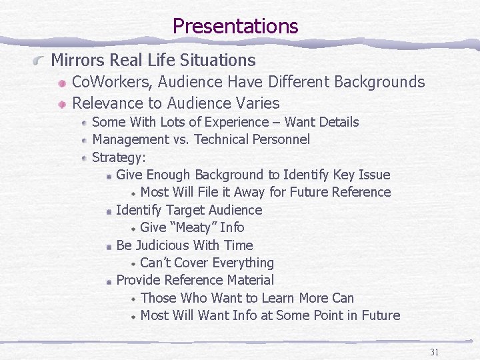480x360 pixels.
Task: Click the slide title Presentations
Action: [x=235, y=27]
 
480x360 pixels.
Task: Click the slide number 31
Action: [x=434, y=352]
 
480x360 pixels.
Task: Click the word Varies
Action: [x=259, y=103]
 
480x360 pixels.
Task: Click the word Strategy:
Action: [x=119, y=157]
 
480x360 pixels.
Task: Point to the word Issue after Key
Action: [x=374, y=175]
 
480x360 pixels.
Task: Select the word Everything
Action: [x=241, y=263]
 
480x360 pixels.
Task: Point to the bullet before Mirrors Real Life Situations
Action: [x=41, y=61]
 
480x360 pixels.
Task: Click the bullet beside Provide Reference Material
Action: [x=108, y=281]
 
